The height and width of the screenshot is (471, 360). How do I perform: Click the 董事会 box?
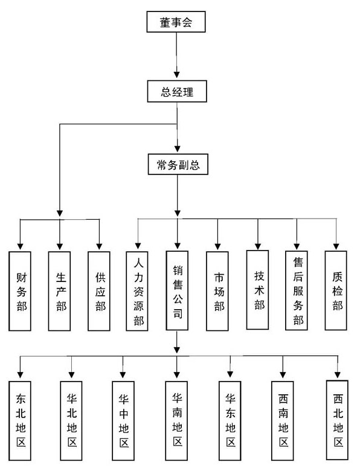[x=176, y=22]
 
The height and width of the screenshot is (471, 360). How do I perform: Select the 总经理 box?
[x=177, y=91]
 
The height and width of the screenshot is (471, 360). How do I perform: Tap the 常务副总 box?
[x=178, y=164]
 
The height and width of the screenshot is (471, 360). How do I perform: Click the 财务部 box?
[x=20, y=291]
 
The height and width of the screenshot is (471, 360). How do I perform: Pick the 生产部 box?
[x=60, y=291]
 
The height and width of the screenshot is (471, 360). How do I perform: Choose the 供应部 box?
[x=99, y=291]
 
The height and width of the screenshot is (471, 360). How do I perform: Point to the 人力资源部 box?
[x=137, y=291]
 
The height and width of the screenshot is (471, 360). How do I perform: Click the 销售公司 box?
[x=178, y=290]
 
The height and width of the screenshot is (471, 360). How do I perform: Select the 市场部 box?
[x=217, y=291]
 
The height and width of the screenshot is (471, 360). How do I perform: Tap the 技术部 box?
[x=257, y=290]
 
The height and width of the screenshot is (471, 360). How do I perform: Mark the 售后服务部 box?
[x=297, y=290]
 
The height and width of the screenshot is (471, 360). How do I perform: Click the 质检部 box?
[x=336, y=290]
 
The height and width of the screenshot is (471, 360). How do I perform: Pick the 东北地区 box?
[x=20, y=421]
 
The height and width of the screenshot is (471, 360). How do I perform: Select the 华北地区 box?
[x=71, y=421]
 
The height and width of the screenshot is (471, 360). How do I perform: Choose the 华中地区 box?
[x=123, y=421]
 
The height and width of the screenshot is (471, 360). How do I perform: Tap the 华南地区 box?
[x=177, y=421]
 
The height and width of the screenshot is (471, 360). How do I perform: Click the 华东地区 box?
[x=230, y=421]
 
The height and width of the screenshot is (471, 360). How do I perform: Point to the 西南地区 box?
[x=283, y=421]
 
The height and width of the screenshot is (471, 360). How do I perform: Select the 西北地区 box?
[x=337, y=420]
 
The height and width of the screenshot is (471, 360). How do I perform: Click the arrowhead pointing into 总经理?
[x=177, y=74]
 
